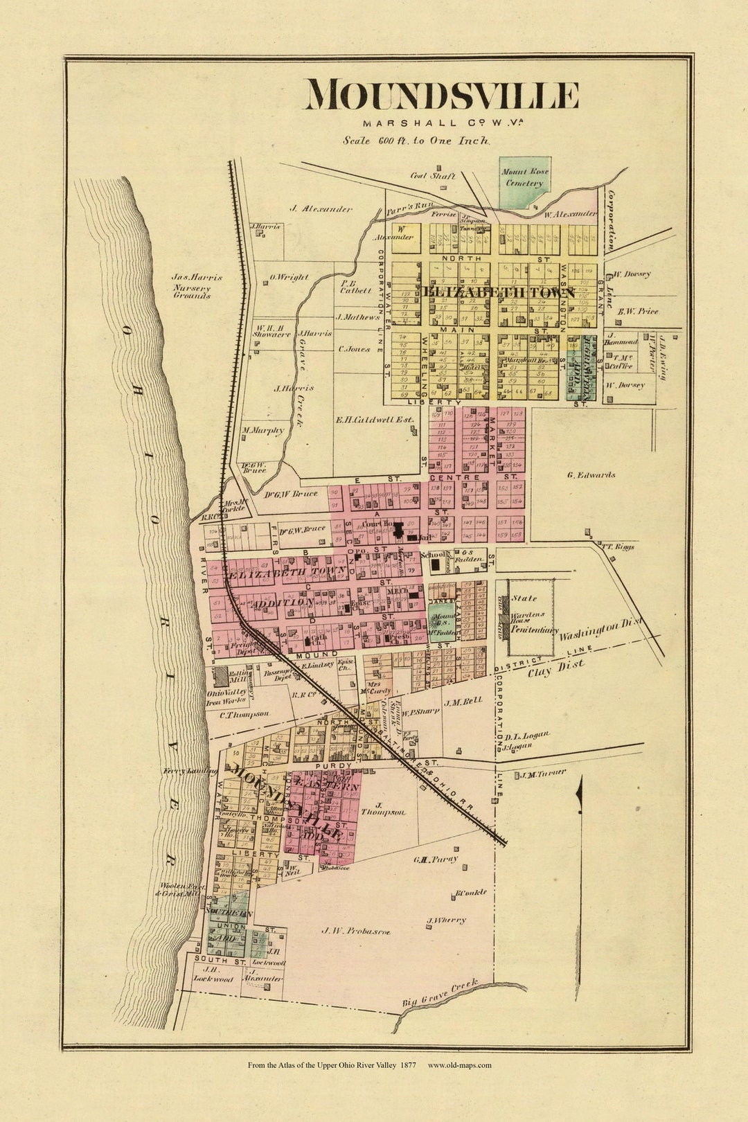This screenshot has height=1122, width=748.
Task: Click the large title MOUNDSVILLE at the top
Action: click(x=442, y=96)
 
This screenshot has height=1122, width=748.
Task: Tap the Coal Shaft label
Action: click(x=432, y=176)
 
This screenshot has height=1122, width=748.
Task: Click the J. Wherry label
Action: click(x=446, y=920)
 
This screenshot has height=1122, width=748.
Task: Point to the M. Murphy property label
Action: click(x=263, y=430)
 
